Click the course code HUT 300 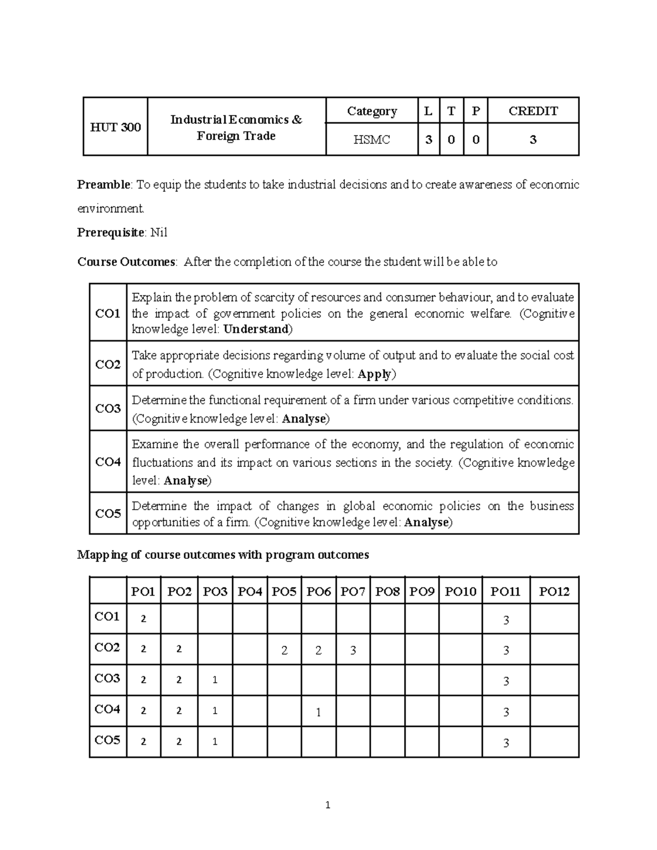[115, 128]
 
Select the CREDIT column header [533, 111]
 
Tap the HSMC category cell [372, 140]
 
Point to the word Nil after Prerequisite [159, 233]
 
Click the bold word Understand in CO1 [256, 329]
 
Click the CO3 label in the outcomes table [108, 409]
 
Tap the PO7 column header [353, 591]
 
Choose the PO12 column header [554, 591]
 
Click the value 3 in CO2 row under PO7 [353, 650]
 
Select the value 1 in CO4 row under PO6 [318, 712]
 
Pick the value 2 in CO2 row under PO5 [284, 650]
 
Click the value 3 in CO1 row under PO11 [506, 620]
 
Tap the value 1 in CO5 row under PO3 [215, 742]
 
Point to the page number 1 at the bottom [328, 805]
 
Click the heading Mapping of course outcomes [223, 555]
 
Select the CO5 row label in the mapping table [107, 741]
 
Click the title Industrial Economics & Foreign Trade [236, 128]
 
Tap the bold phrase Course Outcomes [126, 262]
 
